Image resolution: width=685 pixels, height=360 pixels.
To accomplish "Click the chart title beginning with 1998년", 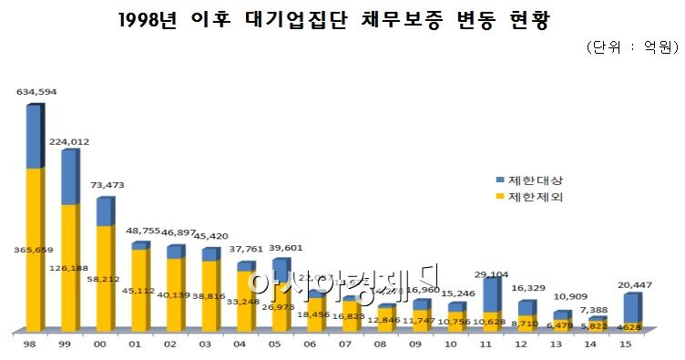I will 342,19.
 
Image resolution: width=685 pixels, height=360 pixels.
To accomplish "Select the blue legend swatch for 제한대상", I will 499,180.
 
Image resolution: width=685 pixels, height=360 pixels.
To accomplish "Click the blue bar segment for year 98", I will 33,137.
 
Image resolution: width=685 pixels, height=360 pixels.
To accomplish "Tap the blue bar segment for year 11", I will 490,295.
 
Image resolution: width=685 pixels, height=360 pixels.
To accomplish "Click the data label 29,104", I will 492,273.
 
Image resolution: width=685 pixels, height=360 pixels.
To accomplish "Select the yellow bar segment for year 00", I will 104,277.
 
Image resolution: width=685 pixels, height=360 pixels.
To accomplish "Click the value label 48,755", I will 143,232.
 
